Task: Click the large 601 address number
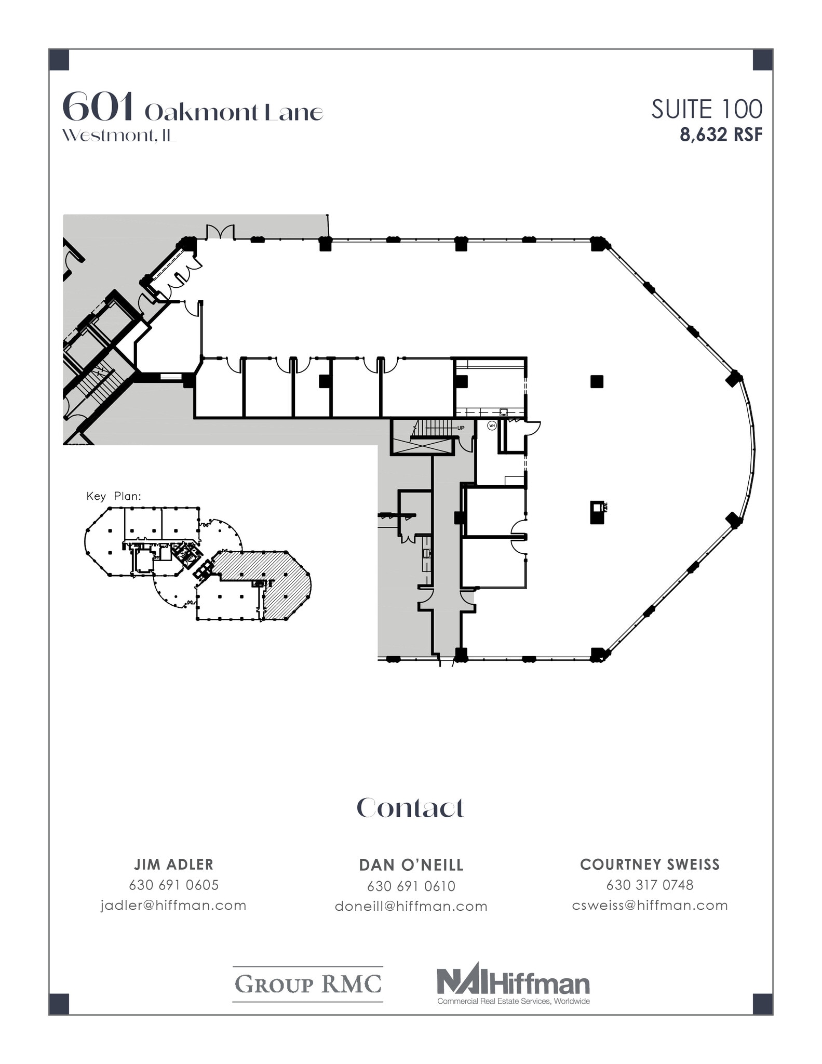98,107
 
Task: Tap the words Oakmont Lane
234,113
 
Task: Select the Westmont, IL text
119,136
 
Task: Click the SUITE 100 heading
707,110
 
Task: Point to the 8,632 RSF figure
721,135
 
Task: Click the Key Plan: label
114,496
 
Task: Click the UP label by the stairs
461,428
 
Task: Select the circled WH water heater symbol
492,425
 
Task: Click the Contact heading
410,808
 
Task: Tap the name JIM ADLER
173,864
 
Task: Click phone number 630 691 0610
411,886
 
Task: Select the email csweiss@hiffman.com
650,906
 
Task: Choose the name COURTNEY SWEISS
650,864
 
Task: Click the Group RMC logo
308,984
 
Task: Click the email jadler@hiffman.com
173,906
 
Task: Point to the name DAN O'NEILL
411,865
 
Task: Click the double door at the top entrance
221,232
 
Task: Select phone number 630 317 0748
650,885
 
